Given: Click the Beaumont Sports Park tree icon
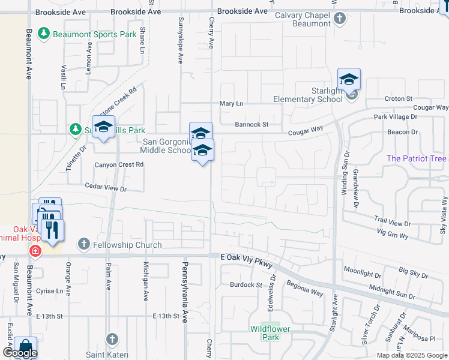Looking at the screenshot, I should point(44,33).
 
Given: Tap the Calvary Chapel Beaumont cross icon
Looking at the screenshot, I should point(339,18).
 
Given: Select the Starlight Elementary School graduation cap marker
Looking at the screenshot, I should point(349,80).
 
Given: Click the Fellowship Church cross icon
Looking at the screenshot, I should point(83,244).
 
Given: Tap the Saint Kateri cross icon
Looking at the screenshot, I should point(112,339).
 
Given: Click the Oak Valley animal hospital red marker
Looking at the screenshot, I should point(35,250).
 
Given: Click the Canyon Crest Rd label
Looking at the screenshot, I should point(119,164).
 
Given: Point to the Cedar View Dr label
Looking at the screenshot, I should point(106,188).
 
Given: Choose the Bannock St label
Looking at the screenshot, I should point(251,125).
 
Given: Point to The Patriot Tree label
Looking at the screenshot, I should point(417,158).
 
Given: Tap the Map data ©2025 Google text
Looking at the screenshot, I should point(411,355).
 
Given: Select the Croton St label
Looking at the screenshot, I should point(399,98).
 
